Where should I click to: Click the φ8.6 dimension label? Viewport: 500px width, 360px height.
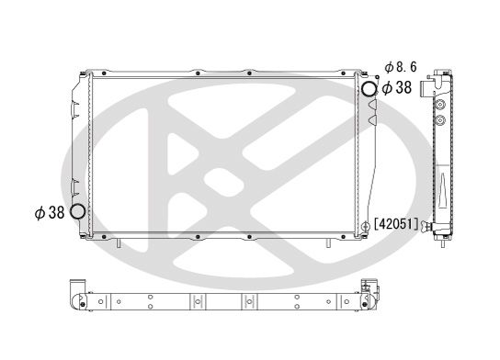[402, 68]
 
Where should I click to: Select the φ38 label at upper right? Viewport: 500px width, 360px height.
[399, 88]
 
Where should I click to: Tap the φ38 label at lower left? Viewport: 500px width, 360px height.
[49, 213]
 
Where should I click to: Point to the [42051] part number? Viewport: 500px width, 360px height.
[396, 224]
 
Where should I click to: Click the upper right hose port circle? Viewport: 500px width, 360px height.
[368, 90]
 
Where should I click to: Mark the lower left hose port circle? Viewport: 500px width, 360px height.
[76, 213]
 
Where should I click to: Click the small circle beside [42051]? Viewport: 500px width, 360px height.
[367, 224]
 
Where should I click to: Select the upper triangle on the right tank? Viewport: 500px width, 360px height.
[372, 105]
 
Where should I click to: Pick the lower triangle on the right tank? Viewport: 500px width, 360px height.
[372, 120]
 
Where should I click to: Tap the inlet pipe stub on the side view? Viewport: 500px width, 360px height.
[426, 89]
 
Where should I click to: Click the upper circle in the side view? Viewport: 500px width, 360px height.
[441, 102]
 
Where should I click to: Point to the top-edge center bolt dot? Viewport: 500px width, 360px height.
[199, 69]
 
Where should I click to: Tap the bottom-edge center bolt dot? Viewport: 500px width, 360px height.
[199, 238]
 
